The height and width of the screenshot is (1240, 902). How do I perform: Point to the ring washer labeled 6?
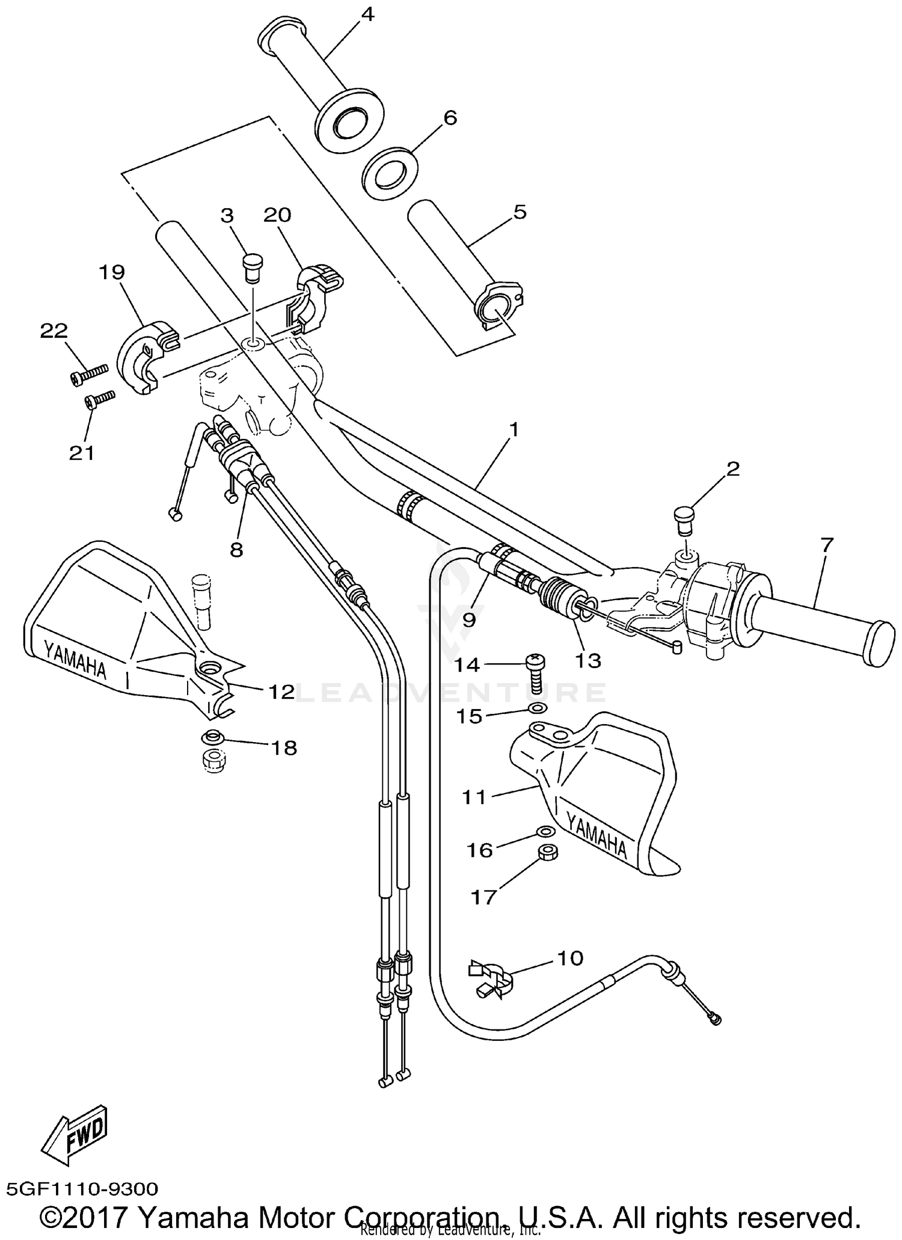390,173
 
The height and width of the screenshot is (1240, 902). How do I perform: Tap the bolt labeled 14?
535,674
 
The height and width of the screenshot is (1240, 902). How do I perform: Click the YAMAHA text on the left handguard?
75,659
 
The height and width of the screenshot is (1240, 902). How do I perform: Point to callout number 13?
588,660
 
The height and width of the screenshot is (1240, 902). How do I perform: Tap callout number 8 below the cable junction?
236,549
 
